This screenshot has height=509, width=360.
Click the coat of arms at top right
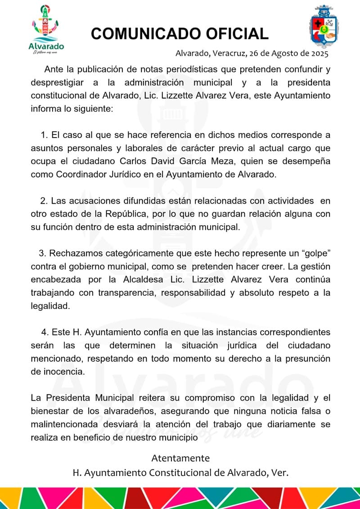coord(323,27)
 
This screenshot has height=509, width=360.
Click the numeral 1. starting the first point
coord(44,135)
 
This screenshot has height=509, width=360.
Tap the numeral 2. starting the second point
coord(44,200)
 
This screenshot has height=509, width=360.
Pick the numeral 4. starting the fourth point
coord(45,332)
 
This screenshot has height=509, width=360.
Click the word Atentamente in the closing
coord(180,458)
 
